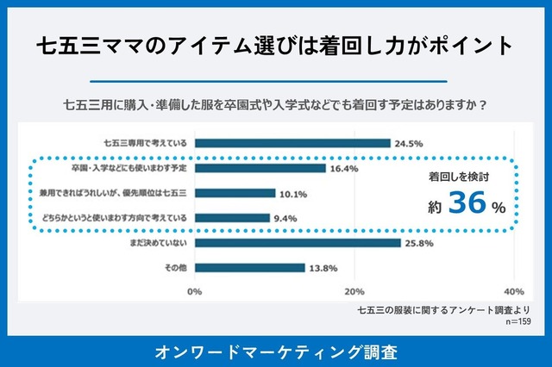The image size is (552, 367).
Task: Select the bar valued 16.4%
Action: [260, 168]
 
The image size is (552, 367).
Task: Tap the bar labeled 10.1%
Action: [235, 193]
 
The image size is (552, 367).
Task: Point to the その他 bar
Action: [249, 268]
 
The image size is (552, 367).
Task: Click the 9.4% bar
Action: [232, 218]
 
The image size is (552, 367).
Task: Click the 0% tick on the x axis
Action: [195, 291]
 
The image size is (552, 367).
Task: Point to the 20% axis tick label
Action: [354, 291]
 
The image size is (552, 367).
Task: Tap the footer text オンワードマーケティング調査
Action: [276, 351]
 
